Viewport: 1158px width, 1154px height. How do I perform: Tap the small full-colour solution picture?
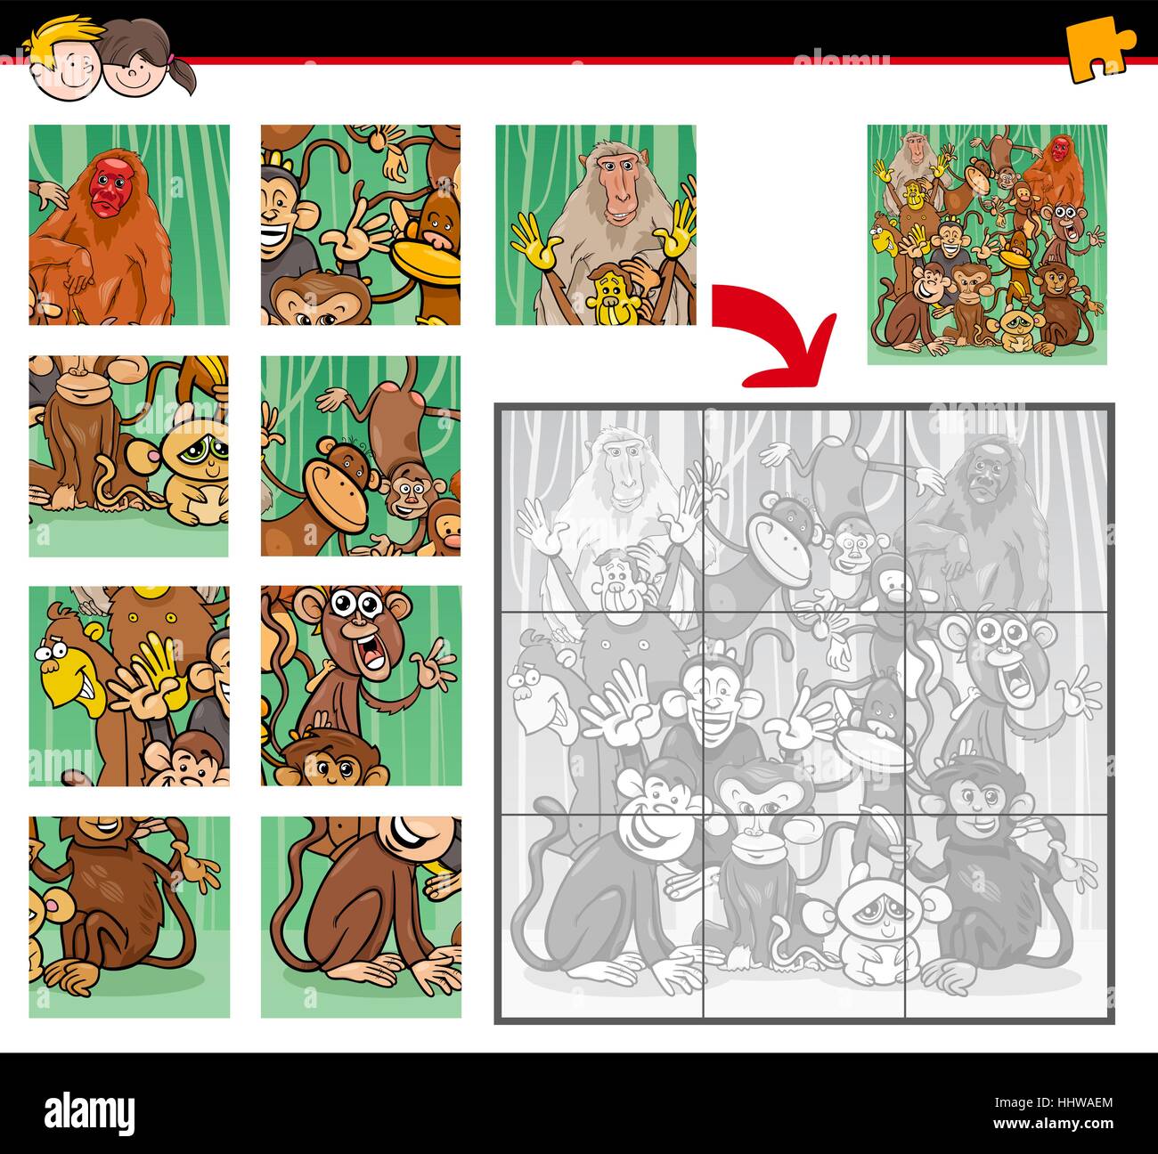[987, 244]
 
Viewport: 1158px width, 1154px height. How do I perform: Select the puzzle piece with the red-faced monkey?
[129, 224]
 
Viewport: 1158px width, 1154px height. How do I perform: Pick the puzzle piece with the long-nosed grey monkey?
[595, 224]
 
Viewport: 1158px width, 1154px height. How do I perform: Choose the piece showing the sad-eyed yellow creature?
[129, 456]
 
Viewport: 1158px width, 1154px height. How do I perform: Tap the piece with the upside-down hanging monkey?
[361, 456]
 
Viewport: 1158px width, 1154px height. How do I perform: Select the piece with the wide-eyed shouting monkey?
[361, 685]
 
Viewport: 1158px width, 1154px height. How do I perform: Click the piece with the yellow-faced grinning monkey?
[129, 685]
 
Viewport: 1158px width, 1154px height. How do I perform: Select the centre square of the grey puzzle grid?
[804, 710]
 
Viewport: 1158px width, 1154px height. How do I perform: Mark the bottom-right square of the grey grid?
[1007, 913]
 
